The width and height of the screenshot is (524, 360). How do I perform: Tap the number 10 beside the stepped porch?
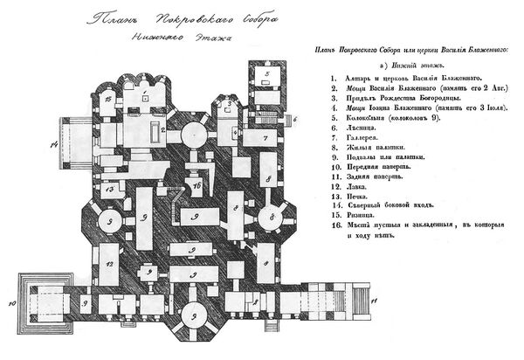pyautogui.click(x=10, y=303)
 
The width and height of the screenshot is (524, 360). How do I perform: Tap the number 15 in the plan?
pyautogui.click(x=107, y=101)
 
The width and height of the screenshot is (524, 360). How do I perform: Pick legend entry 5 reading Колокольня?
pyautogui.click(x=385, y=126)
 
